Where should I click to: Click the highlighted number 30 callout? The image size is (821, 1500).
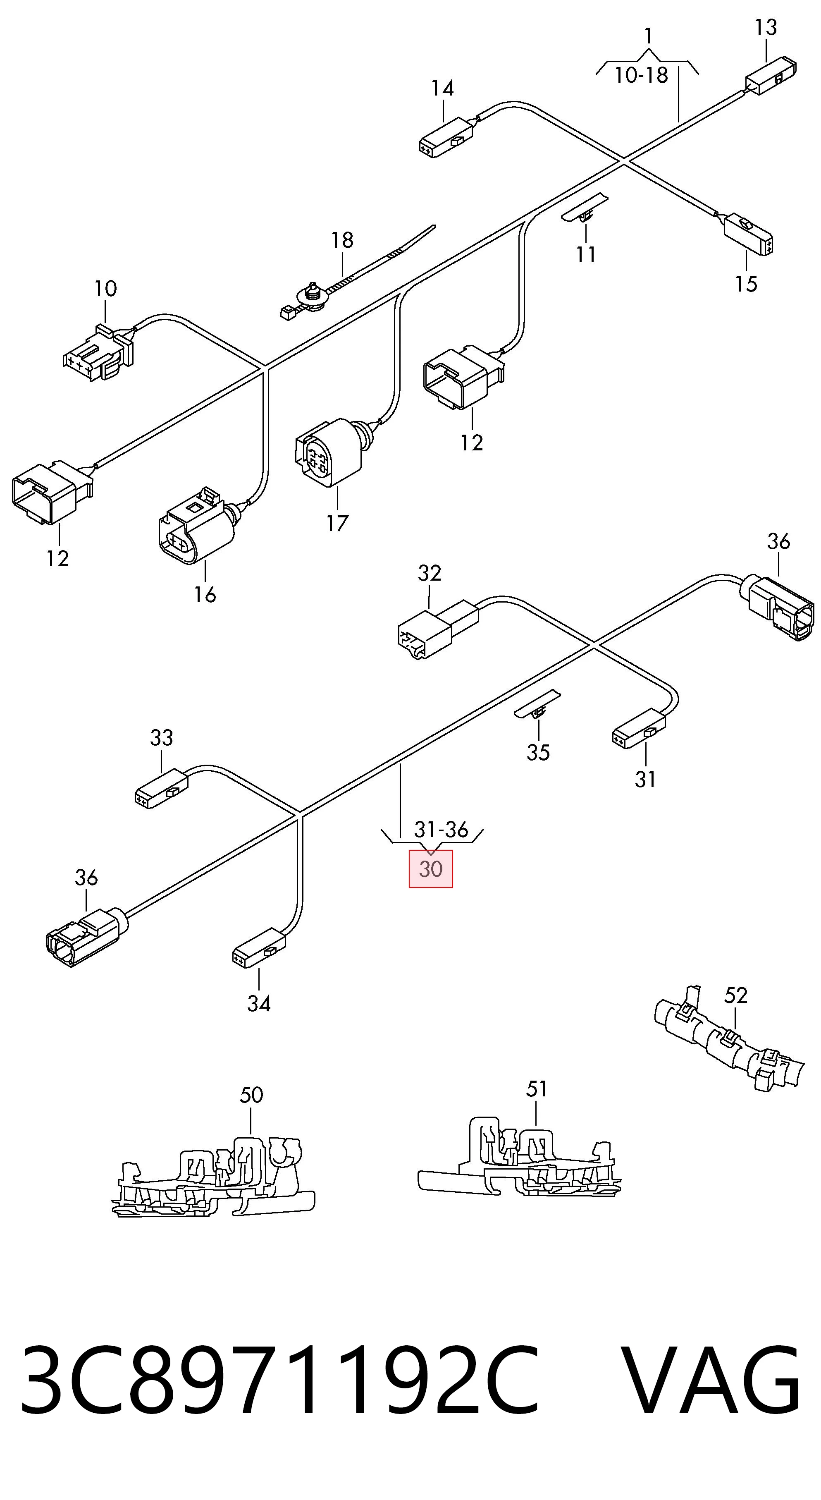431,869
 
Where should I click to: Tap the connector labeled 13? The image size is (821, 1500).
771,75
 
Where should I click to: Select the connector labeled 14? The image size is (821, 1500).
446,137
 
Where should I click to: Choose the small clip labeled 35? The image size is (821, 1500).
538,705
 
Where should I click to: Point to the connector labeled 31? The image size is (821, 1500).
639,728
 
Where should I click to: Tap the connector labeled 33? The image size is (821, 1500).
161,788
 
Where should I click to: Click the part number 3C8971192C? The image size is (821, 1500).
280,1379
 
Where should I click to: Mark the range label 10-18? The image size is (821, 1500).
641,75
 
